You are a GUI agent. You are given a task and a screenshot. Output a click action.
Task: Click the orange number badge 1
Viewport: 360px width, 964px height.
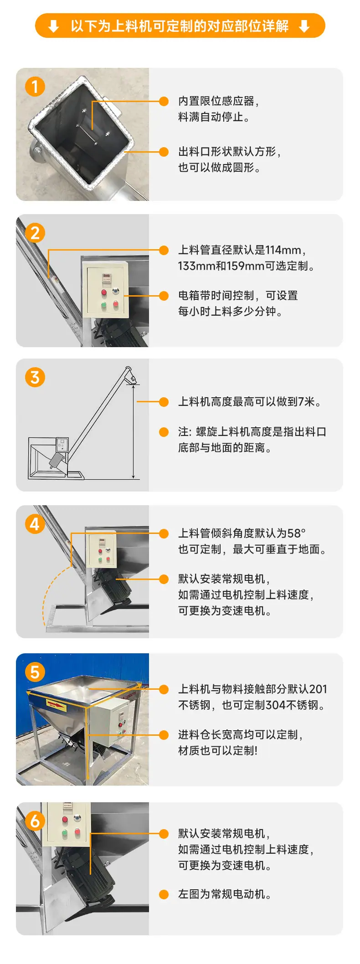click(35, 87)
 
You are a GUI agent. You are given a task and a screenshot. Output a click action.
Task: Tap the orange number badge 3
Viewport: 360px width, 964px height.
click(35, 377)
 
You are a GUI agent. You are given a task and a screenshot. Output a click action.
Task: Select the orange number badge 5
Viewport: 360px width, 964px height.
click(35, 672)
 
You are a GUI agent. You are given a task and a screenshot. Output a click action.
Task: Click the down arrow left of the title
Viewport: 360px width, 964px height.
click(54, 26)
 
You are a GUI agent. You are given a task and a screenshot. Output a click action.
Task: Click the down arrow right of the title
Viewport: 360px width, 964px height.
click(304, 26)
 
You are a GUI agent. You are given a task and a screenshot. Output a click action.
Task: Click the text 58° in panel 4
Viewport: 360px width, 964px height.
click(297, 533)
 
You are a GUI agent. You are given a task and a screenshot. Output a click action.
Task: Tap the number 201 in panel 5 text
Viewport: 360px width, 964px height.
click(318, 689)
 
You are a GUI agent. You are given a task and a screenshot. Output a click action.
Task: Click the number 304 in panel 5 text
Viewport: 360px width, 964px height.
click(276, 705)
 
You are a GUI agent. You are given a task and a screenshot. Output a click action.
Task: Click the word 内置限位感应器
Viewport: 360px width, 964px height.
click(216, 101)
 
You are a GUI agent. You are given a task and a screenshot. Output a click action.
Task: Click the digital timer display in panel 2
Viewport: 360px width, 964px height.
click(106, 277)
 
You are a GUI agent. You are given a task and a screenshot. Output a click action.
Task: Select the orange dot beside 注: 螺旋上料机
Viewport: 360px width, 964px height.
click(164, 431)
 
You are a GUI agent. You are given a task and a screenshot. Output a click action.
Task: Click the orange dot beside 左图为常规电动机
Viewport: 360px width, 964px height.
click(164, 894)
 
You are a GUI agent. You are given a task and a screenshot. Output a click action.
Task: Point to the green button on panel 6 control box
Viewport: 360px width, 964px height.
click(65, 833)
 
